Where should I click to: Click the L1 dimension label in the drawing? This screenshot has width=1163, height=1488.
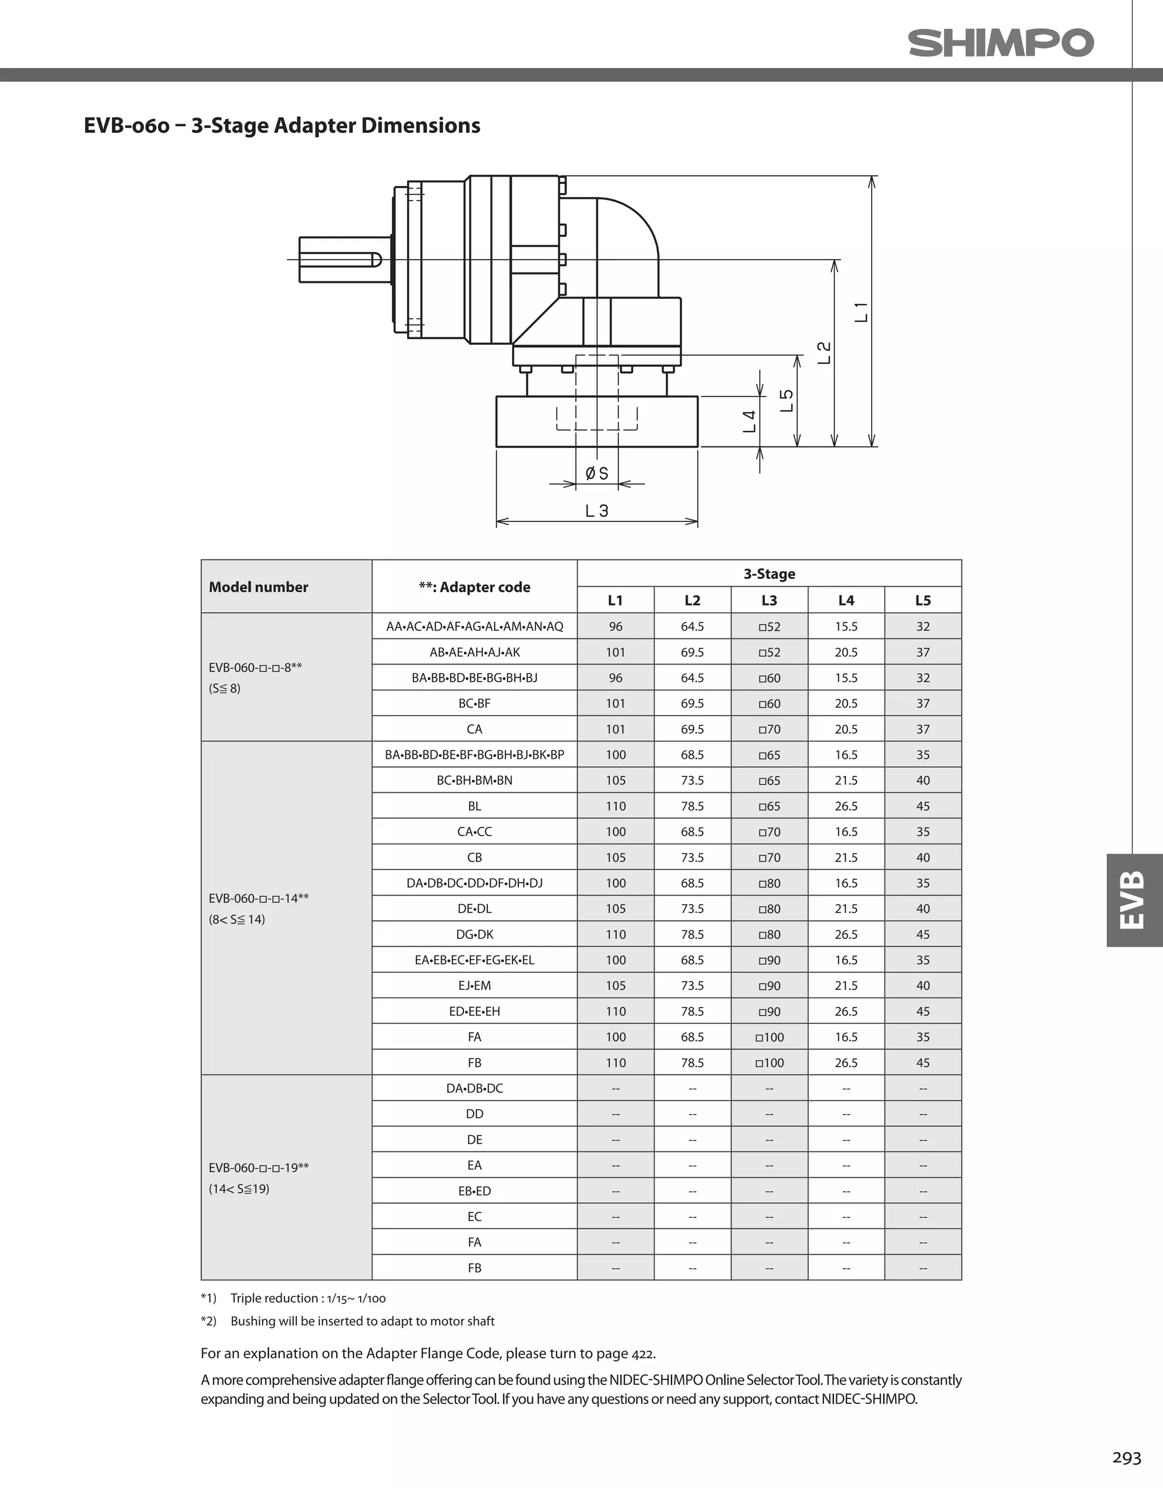point(862,311)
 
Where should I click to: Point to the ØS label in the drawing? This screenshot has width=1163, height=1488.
point(597,473)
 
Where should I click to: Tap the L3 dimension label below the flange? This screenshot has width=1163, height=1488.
point(597,511)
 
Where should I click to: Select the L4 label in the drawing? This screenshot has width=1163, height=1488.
point(750,421)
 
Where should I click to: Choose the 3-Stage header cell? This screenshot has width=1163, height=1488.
point(769,574)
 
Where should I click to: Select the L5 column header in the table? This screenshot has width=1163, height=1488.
point(922,600)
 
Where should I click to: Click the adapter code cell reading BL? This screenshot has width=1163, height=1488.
point(474,806)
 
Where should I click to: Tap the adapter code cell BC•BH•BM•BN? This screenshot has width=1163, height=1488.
point(474,780)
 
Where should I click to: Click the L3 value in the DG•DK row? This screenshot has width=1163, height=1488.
point(769,934)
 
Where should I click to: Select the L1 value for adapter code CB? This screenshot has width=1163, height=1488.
point(615,857)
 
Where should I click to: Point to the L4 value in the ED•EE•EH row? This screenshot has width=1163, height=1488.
point(846,1011)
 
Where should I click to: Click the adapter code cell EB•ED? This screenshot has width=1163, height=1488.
point(474,1191)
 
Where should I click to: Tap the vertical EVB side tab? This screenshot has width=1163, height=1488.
point(1133,900)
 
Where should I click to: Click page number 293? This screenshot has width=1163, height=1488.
point(1126,1457)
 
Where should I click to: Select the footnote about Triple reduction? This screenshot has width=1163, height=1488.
point(294,1298)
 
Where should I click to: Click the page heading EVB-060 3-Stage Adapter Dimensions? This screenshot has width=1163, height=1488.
point(282,126)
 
